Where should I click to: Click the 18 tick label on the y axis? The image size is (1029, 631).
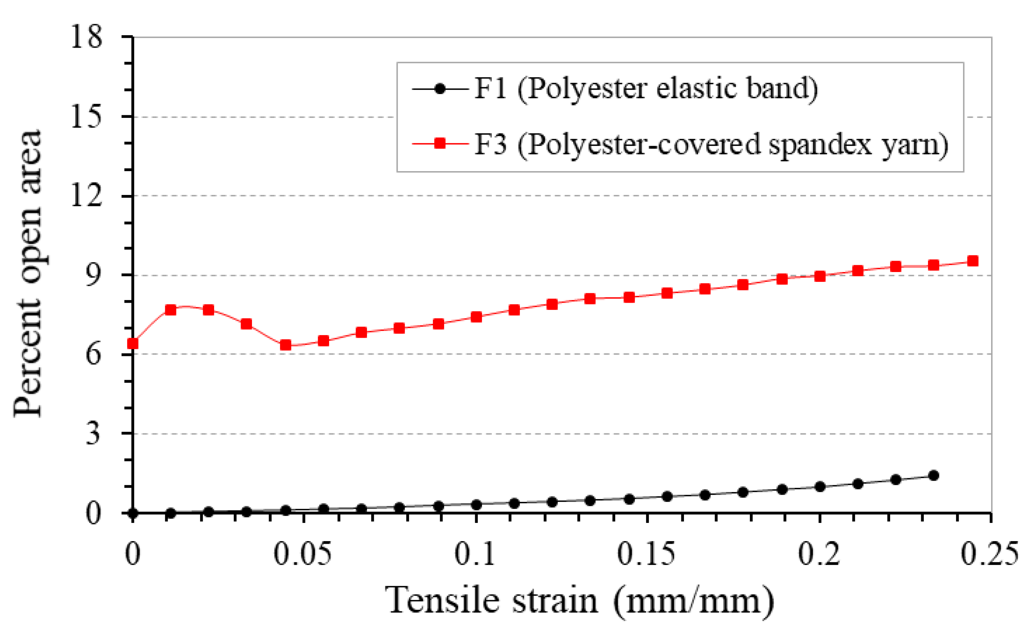coord(86,37)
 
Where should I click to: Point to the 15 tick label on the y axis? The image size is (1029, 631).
coord(86,116)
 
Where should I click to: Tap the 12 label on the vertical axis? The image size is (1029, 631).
coord(86,196)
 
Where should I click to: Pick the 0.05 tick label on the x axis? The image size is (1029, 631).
coord(303,554)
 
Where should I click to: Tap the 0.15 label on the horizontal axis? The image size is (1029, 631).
coord(646,554)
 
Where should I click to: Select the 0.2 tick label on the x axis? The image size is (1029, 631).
coord(819,554)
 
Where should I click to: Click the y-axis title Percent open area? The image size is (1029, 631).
coord(28,273)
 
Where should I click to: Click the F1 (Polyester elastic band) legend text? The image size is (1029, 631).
coord(646,89)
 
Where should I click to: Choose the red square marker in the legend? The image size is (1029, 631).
coord(440,144)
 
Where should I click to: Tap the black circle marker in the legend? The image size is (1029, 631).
coord(440,89)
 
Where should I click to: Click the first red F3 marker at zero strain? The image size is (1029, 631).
coord(132,343)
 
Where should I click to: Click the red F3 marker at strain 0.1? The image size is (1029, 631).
coord(476,317)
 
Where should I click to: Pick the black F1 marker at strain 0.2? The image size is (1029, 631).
coord(820,487)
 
